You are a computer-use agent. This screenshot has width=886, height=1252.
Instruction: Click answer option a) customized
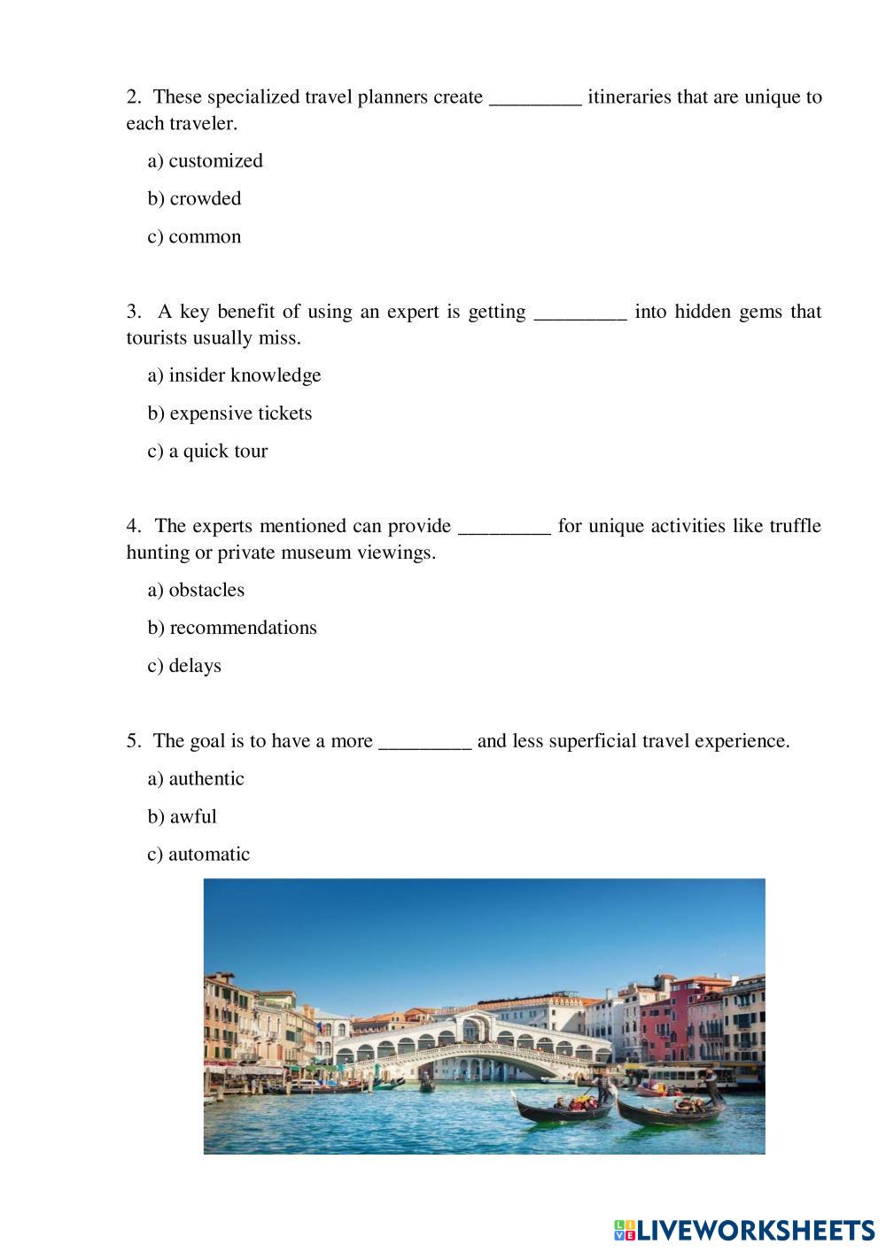pyautogui.click(x=206, y=161)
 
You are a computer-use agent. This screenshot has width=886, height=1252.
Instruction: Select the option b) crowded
pyautogui.click(x=195, y=198)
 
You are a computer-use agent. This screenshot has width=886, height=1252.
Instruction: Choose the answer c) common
pyautogui.click(x=195, y=236)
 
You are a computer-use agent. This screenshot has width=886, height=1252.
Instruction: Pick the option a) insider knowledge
pyautogui.click(x=235, y=375)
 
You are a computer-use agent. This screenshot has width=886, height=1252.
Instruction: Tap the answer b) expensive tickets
pyautogui.click(x=230, y=413)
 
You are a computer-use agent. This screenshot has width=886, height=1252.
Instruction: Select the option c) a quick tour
pyautogui.click(x=208, y=452)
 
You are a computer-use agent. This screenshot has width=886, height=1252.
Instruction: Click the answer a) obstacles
pyautogui.click(x=197, y=591)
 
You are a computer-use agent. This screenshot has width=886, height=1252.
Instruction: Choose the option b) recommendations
pyautogui.click(x=233, y=628)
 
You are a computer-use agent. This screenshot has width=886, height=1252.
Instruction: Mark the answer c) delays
pyautogui.click(x=185, y=666)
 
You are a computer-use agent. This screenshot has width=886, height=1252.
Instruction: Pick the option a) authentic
pyautogui.click(x=197, y=779)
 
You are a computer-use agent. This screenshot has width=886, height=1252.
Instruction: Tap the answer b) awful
pyautogui.click(x=183, y=816)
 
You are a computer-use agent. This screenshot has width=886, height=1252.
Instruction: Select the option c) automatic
pyautogui.click(x=199, y=854)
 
